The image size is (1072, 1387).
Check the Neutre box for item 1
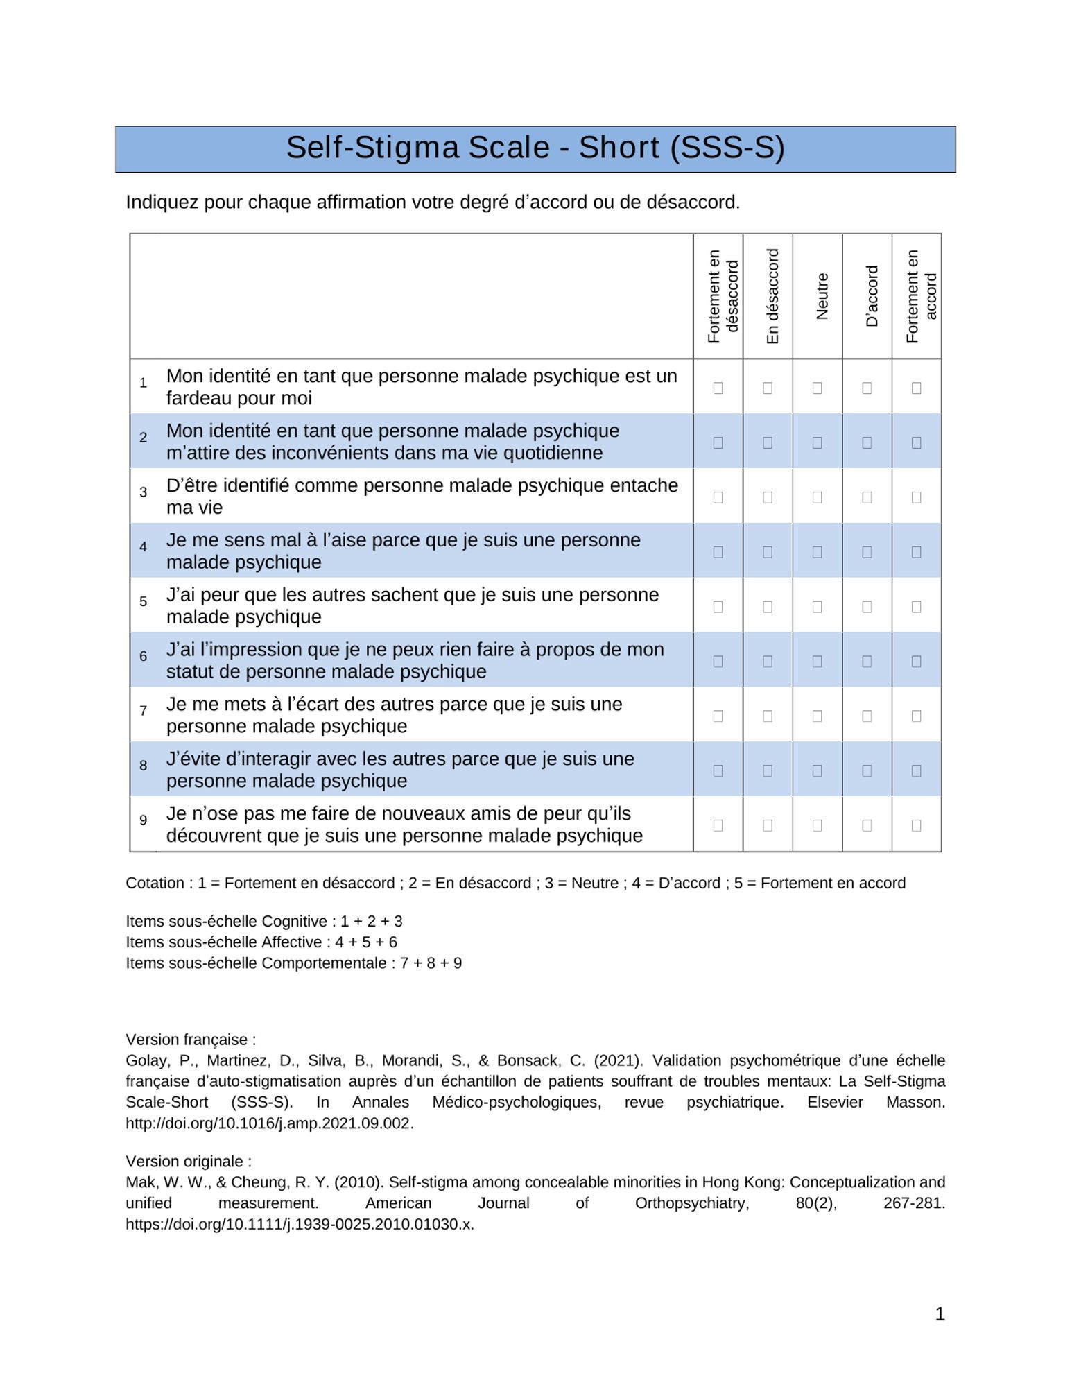click(x=817, y=388)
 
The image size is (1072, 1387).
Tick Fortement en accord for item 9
click(x=916, y=825)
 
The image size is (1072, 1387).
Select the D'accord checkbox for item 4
click(x=867, y=552)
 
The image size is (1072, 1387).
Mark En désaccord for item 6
click(x=768, y=662)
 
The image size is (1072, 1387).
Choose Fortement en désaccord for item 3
click(x=718, y=497)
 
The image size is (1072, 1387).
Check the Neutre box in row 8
click(x=817, y=770)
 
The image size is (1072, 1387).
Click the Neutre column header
click(x=822, y=296)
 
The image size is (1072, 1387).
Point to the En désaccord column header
click(x=772, y=296)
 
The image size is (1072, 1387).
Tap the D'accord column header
click(x=872, y=296)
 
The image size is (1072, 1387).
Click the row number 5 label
click(x=144, y=601)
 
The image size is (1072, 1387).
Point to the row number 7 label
click(x=144, y=711)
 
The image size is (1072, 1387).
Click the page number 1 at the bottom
click(x=940, y=1313)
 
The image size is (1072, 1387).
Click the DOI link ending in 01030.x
click(x=300, y=1224)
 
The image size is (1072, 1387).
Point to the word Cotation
click(x=155, y=883)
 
